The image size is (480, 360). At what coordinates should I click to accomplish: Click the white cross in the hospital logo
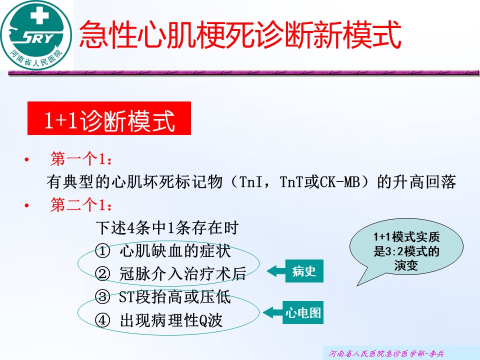coord(39,14)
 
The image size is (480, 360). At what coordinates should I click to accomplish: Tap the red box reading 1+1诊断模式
coord(109,118)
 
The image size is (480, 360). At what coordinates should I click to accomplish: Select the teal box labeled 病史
coord(304,271)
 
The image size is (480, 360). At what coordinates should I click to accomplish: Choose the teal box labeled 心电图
coord(303,312)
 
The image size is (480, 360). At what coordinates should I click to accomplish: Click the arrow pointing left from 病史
coord(276,271)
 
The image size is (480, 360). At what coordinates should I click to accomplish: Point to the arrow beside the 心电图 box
coord(273,312)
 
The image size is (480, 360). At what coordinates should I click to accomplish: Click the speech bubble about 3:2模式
coord(406,248)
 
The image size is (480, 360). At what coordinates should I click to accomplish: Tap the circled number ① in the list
coord(102,251)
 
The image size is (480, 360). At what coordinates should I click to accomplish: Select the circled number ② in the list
coord(102,274)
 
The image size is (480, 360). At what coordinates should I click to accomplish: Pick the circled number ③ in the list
coord(102,297)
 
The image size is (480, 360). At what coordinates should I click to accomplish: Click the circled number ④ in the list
coord(102,320)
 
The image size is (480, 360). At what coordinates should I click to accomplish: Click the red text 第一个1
coord(81,159)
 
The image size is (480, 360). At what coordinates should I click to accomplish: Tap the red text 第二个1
coord(81,204)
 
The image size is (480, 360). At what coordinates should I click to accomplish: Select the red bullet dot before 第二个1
coord(27,205)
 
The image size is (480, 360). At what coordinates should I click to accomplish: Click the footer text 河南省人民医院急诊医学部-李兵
coord(386,353)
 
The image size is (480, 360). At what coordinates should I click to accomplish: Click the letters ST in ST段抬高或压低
coord(126,297)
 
